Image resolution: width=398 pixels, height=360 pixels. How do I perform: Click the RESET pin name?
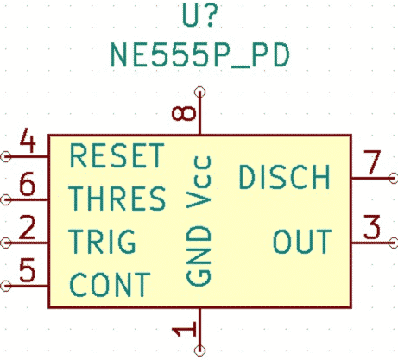117,155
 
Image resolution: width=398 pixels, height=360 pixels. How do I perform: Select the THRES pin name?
117,198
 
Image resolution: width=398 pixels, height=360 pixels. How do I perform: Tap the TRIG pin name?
102,241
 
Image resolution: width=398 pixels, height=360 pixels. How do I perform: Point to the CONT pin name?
110,285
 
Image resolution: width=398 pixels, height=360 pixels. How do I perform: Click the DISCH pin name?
285,177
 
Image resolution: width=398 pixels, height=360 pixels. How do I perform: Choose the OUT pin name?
302,241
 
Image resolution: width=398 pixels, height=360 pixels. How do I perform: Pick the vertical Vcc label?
199,182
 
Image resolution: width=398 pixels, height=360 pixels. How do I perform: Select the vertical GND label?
199,256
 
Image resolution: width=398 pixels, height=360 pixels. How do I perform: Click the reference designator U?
199,16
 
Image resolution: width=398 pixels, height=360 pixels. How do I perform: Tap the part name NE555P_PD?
200,55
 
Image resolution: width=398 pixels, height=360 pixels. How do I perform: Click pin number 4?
28,141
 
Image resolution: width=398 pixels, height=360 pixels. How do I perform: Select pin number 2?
28,227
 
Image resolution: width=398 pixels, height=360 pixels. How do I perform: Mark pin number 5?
28,269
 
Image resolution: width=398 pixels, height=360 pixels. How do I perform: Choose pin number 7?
372,162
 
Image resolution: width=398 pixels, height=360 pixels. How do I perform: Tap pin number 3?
372,227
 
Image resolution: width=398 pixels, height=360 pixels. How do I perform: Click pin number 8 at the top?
184,113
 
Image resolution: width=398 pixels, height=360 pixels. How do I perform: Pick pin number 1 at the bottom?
184,329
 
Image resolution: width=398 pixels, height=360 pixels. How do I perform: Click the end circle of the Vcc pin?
199,92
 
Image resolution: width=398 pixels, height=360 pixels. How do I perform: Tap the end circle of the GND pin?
199,351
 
